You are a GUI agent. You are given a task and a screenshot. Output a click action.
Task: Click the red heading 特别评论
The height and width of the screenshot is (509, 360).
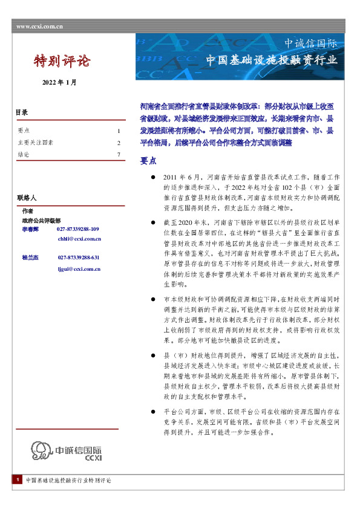tap(62, 61)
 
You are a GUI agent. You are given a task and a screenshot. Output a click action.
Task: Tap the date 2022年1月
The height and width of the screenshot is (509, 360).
tap(59, 82)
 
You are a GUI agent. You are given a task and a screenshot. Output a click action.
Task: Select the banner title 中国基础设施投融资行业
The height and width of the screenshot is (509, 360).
tap(271, 60)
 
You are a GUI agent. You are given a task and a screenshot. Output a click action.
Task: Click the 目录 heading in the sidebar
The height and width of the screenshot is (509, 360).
tap(21, 112)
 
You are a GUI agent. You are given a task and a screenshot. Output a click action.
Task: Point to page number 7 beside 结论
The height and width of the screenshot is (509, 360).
tap(119, 154)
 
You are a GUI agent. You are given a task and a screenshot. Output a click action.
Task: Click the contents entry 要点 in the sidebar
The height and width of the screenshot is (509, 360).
tap(24, 131)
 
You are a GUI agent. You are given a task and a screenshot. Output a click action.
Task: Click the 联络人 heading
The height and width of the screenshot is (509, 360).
tap(27, 198)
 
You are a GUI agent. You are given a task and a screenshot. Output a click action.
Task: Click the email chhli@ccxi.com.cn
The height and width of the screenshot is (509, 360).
tap(79, 239)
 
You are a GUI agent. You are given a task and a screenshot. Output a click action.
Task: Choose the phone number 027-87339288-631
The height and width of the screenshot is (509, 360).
tap(78, 258)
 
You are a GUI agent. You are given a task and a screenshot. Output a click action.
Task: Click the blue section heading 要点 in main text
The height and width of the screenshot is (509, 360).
tap(148, 161)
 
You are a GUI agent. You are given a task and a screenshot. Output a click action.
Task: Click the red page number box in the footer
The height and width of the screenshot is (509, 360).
tap(19, 479)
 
